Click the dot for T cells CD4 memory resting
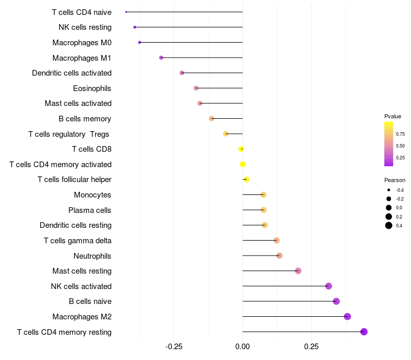(364, 332)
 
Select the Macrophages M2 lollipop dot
(347, 316)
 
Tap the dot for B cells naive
(336, 301)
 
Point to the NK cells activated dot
(329, 286)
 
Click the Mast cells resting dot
(298, 271)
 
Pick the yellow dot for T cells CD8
(241, 149)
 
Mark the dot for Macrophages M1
(161, 58)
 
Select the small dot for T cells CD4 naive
(126, 12)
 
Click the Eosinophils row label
(92, 88)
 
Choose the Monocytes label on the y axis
(92, 195)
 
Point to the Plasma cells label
(90, 210)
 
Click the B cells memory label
(85, 119)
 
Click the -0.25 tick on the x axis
(174, 347)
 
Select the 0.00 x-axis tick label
(242, 347)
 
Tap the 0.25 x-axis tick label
(311, 347)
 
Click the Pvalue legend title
(393, 116)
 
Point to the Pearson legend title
(395, 180)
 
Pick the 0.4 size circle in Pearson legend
(389, 225)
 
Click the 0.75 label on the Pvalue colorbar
(400, 134)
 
